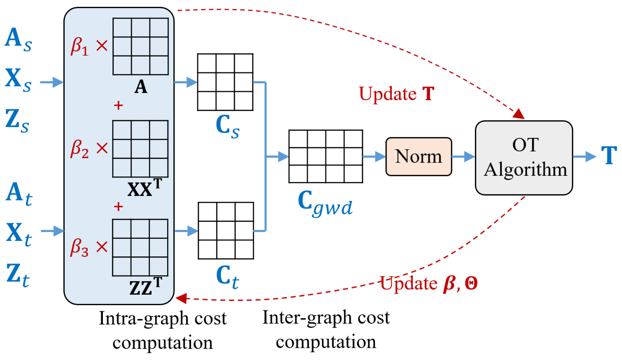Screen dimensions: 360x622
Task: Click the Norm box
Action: pyautogui.click(x=418, y=156)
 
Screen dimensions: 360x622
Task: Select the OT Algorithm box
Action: pyautogui.click(x=524, y=158)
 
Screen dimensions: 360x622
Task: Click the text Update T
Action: pyautogui.click(x=396, y=94)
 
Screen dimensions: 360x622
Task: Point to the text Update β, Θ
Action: pyautogui.click(x=429, y=284)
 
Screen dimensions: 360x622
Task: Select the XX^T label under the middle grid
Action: pyautogui.click(x=145, y=188)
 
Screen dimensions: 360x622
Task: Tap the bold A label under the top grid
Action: pyautogui.click(x=141, y=87)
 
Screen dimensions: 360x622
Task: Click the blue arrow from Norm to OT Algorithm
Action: pyautogui.click(x=463, y=156)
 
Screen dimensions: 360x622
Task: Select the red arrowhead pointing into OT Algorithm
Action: pyautogui.click(x=518, y=114)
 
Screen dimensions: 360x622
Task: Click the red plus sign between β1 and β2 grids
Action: pyautogui.click(x=118, y=105)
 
